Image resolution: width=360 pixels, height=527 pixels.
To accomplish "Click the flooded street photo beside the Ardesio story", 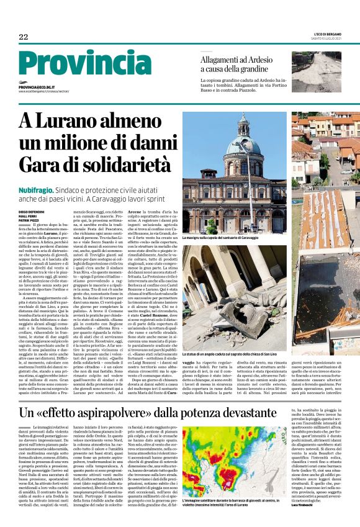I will pos(320,72).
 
